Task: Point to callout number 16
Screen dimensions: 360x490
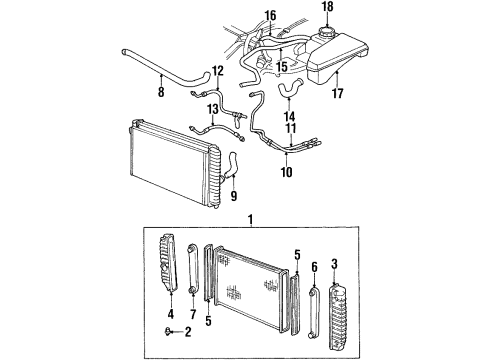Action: pos(269,15)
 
